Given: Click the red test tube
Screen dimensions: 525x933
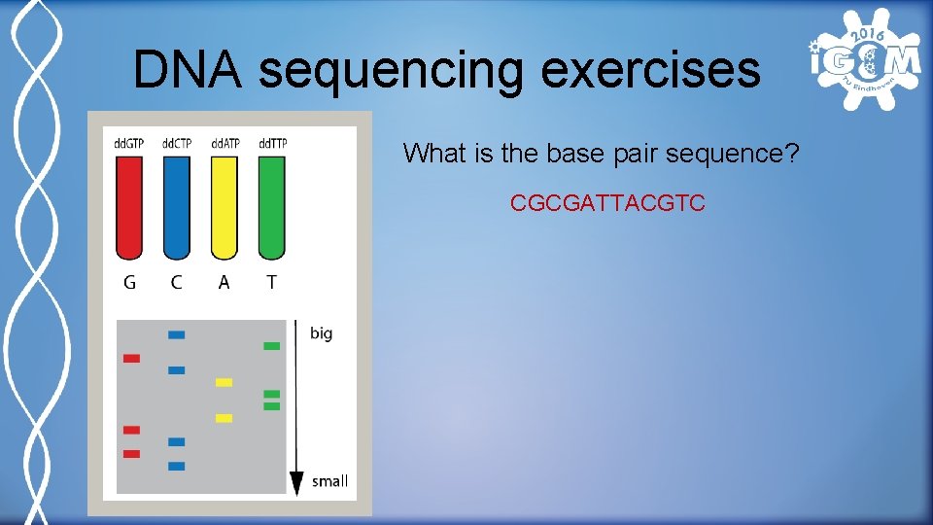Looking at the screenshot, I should pyautogui.click(x=129, y=208).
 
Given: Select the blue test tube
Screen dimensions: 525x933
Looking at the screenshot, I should pyautogui.click(x=176, y=208).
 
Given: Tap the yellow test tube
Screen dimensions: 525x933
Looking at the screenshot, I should pyautogui.click(x=225, y=208).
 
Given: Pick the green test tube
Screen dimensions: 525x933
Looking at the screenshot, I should pyautogui.click(x=272, y=208).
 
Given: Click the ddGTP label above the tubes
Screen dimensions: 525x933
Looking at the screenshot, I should pyautogui.click(x=129, y=144).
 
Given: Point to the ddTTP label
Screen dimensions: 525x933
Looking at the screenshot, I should pyautogui.click(x=272, y=144).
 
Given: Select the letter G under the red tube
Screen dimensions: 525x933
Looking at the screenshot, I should pyautogui.click(x=129, y=282).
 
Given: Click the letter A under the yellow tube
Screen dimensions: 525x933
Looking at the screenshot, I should pyautogui.click(x=225, y=282).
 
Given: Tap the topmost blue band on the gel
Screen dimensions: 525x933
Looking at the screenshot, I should pyautogui.click(x=176, y=335).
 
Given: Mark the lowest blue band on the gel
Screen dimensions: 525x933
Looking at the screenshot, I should pyautogui.click(x=176, y=467).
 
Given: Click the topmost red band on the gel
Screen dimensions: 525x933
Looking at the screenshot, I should pyautogui.click(x=131, y=359).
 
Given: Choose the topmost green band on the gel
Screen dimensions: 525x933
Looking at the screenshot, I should pyautogui.click(x=272, y=346).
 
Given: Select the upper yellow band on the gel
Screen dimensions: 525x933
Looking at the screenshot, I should pyautogui.click(x=224, y=382).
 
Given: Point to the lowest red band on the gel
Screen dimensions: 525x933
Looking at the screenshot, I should pyautogui.click(x=131, y=454).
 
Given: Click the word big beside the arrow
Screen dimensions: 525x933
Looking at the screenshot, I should pyautogui.click(x=321, y=333).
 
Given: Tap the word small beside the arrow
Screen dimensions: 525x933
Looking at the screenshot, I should pyautogui.click(x=329, y=481).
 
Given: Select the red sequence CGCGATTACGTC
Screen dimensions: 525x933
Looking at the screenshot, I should pyautogui.click(x=607, y=204).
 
